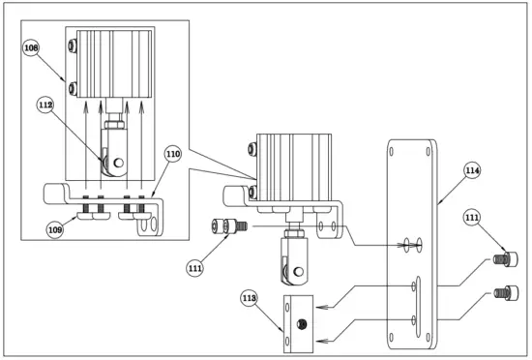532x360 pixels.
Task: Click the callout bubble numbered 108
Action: tap(31, 46)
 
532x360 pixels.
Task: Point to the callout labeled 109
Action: tap(55, 228)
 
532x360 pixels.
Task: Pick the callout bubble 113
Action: tap(250, 299)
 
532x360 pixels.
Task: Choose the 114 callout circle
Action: tap(472, 170)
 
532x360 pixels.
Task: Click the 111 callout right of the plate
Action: tap(472, 217)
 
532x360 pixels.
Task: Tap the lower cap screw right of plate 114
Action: tap(503, 291)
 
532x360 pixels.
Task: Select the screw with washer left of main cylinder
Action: tap(228, 225)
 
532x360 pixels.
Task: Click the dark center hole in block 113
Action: tap(303, 323)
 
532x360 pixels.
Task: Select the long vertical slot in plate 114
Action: tap(415, 301)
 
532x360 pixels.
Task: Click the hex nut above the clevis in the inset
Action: tap(113, 125)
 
